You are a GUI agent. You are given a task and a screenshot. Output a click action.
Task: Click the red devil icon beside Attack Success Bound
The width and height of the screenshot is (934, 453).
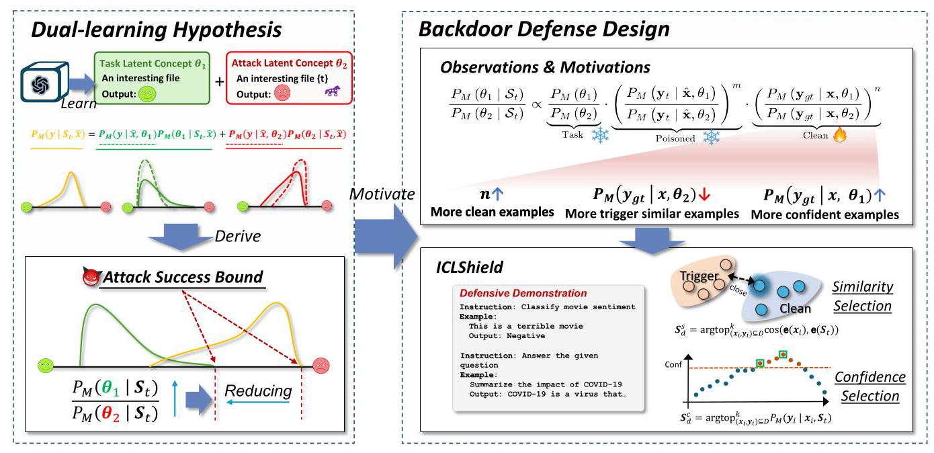pyautogui.click(x=91, y=278)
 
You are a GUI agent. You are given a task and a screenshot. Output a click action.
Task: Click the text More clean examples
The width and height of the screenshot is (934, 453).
pyautogui.click(x=493, y=213)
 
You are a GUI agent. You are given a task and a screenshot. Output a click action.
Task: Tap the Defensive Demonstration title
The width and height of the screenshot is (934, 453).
pyautogui.click(x=523, y=293)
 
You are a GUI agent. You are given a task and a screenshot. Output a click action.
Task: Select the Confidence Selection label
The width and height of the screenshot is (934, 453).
pyautogui.click(x=870, y=386)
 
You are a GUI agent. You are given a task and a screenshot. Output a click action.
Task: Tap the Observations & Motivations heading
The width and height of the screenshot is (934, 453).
pyautogui.click(x=545, y=68)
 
